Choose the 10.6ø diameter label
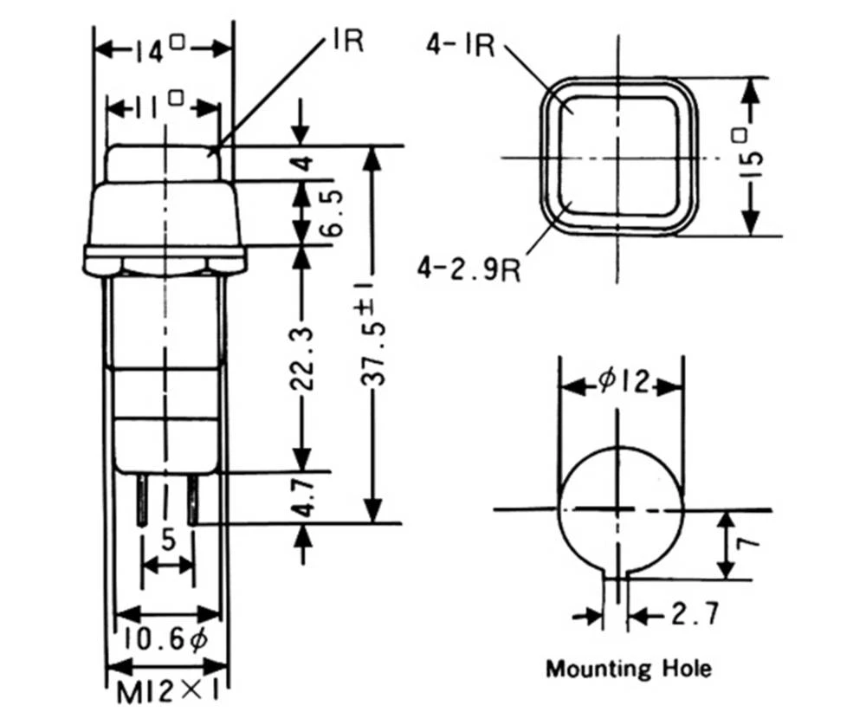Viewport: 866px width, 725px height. [165, 639]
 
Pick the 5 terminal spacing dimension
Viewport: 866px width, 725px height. [168, 539]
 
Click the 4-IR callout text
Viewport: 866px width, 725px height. [459, 44]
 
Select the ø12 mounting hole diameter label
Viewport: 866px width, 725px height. [623, 382]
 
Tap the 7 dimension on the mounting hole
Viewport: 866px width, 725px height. [750, 542]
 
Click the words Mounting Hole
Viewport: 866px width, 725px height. [629, 669]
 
